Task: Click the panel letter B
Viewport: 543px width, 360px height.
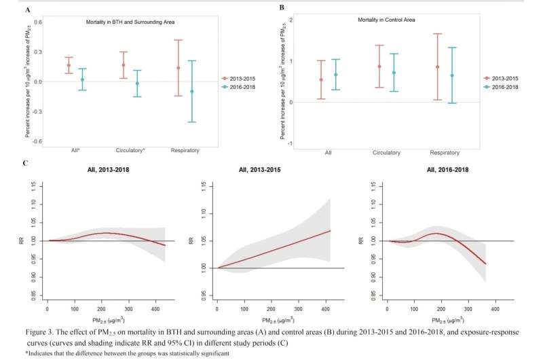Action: (281, 8)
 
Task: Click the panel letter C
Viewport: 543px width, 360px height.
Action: (25, 163)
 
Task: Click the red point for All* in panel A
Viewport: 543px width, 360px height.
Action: (69, 65)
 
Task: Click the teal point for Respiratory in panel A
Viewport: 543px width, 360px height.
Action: (192, 91)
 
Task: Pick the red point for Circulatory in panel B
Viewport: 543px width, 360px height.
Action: (379, 67)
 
